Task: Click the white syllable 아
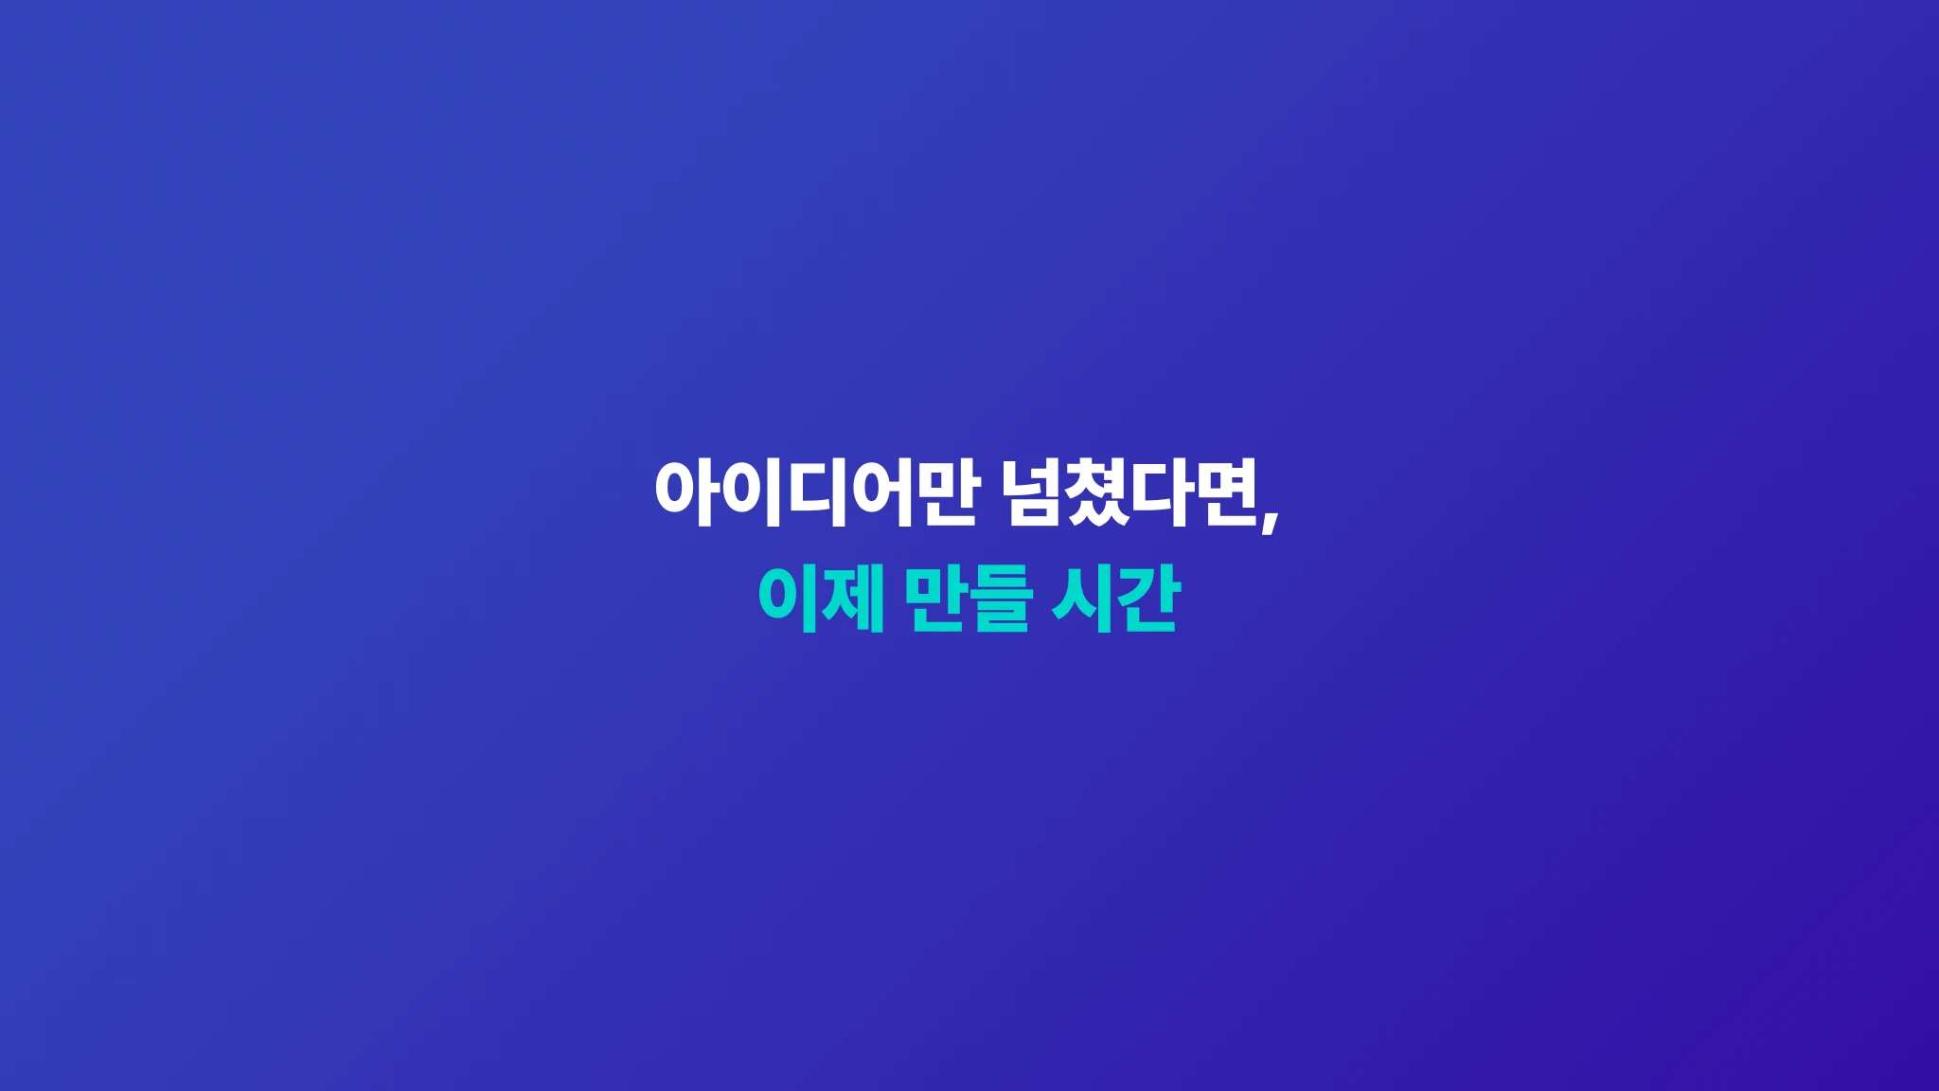(x=685, y=492)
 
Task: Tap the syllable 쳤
(x=1098, y=492)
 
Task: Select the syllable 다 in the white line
(x=1164, y=492)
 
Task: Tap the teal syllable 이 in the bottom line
(x=788, y=598)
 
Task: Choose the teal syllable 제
(x=853, y=598)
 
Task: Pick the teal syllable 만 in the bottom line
(x=935, y=598)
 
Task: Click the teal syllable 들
(x=999, y=598)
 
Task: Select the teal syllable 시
(x=1081, y=598)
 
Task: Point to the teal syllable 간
(x=1147, y=598)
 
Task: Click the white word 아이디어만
(x=815, y=492)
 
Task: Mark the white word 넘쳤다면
(x=1130, y=492)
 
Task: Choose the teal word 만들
(x=968, y=598)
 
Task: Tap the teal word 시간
(x=1115, y=598)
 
